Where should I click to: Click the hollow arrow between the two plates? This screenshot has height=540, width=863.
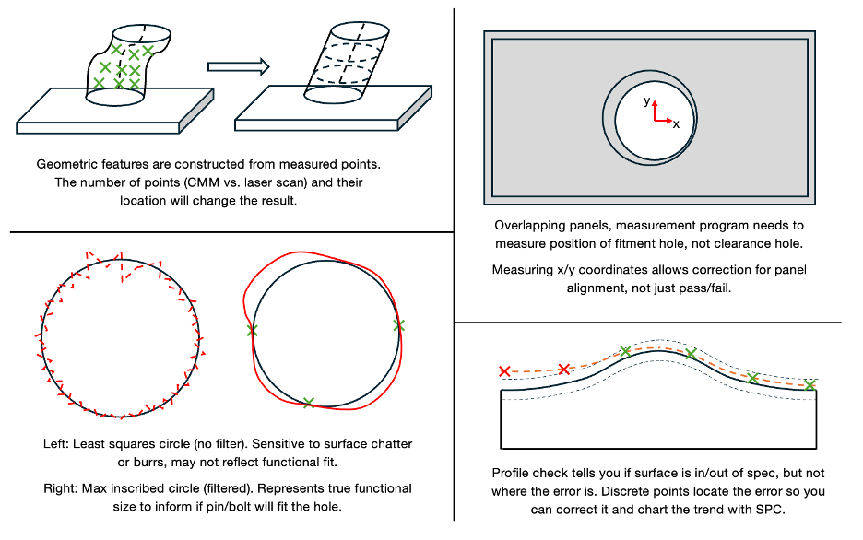pos(238,66)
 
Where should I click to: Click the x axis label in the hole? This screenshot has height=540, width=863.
pos(676,123)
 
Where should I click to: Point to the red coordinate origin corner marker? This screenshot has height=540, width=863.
pos(656,118)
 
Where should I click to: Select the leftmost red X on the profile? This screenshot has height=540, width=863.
pos(504,371)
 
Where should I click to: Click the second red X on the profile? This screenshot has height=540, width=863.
pos(564,370)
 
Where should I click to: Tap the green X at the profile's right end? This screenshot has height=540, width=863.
pos(810,385)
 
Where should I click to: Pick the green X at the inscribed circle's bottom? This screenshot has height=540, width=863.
pos(308,402)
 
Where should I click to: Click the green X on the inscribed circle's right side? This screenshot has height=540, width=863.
pos(398,324)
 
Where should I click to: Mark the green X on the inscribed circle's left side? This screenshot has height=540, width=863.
pos(253,329)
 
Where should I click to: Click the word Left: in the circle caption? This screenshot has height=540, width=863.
pos(56,443)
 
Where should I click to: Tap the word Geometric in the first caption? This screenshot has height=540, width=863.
pos(66,164)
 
